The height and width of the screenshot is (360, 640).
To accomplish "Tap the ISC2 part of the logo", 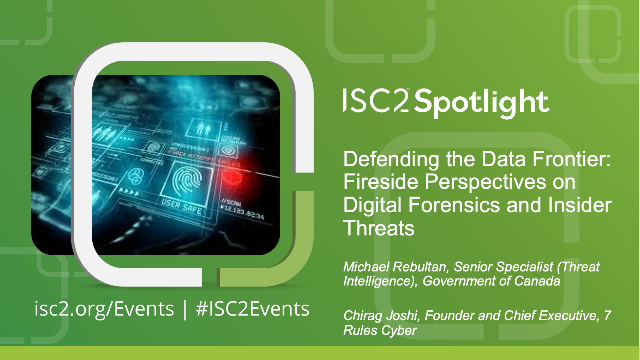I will [376, 102].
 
